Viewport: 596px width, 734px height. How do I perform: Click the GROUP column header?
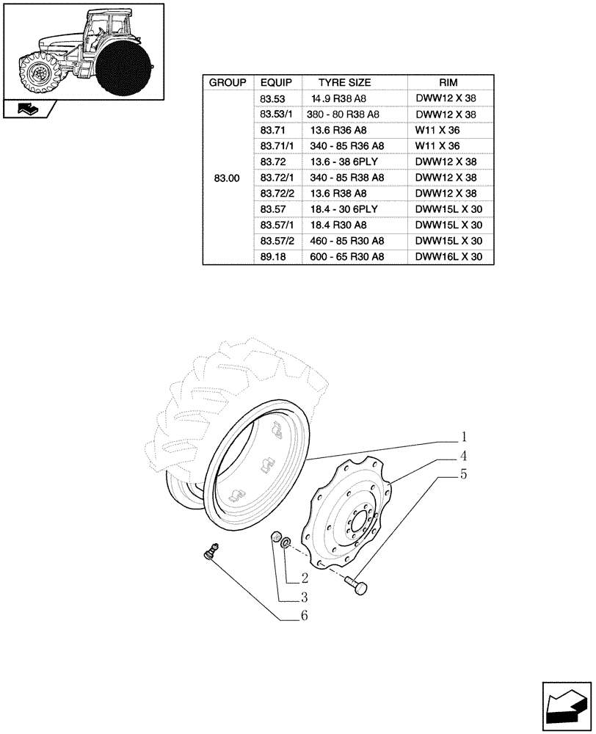(x=228, y=83)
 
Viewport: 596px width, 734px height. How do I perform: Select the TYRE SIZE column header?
(x=344, y=83)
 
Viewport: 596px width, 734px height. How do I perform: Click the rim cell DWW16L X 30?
(x=448, y=257)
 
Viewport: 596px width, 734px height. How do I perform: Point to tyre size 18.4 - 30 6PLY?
(x=345, y=209)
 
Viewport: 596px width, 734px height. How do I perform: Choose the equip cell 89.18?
(x=272, y=257)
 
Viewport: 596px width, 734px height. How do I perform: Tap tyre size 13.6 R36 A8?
(x=339, y=130)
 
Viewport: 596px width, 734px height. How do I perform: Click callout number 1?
(x=463, y=436)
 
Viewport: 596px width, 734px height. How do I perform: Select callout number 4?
(x=463, y=455)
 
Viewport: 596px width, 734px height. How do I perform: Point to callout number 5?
(x=463, y=474)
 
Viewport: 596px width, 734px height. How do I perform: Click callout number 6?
(x=303, y=616)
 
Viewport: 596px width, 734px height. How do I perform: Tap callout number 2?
(x=303, y=578)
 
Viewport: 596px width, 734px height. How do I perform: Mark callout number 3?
(x=303, y=597)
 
